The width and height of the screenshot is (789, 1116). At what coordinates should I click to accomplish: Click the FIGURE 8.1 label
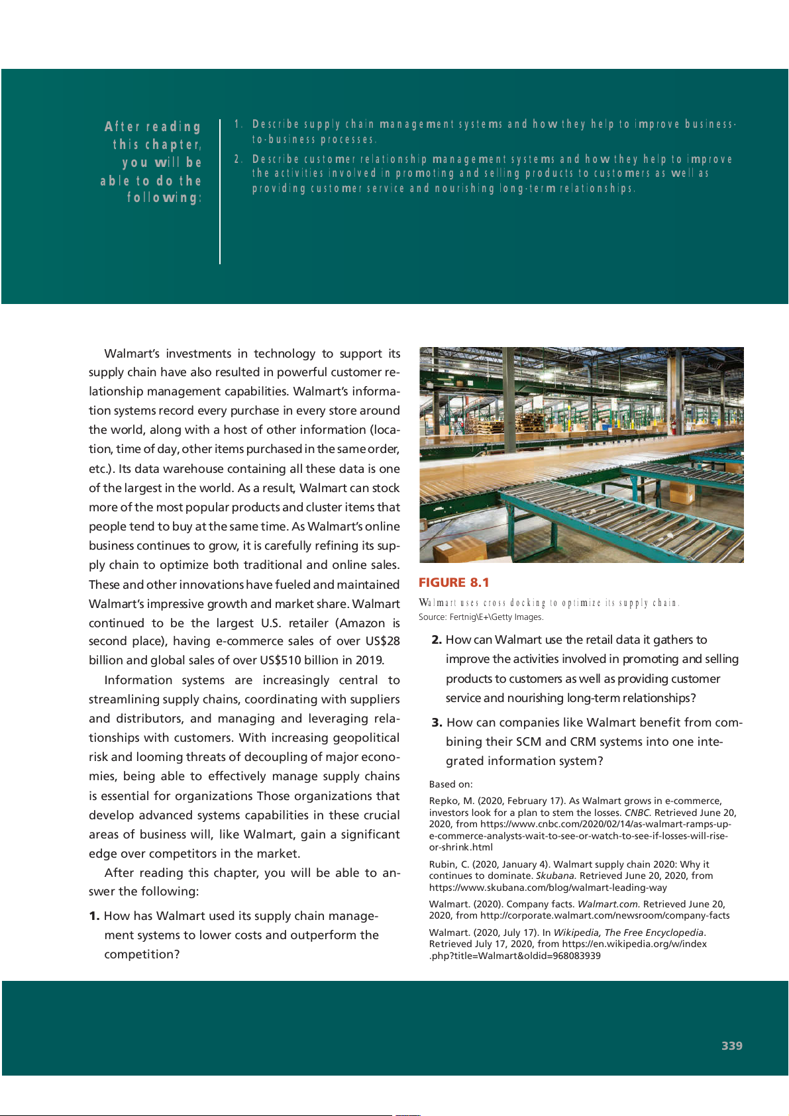(454, 583)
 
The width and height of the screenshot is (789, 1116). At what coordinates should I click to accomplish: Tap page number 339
(731, 1046)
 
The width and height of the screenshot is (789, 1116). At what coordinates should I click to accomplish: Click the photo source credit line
(481, 617)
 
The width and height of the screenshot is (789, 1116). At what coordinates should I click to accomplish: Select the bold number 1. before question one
(94, 916)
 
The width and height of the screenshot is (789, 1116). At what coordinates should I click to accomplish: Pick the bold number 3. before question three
(437, 723)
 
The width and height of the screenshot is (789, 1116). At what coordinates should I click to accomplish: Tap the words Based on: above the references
(450, 784)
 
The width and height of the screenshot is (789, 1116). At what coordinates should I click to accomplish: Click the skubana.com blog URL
(548, 888)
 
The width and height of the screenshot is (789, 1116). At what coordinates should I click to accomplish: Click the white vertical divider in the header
(220, 192)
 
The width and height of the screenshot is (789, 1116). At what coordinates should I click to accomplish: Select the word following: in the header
(164, 198)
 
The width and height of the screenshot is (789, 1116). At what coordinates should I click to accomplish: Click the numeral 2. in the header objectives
(238, 159)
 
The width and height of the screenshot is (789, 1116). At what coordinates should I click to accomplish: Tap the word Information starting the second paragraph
(138, 680)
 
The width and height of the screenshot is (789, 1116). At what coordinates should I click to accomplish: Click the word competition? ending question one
(142, 954)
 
